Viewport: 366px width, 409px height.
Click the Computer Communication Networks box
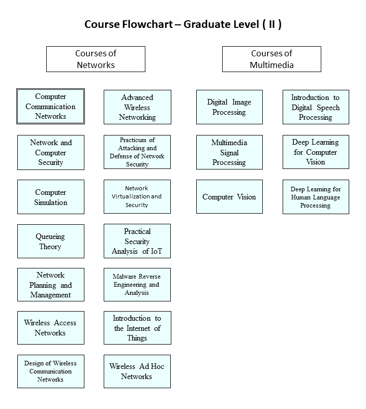[50, 107]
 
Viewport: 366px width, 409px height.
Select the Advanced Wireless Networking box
[137, 107]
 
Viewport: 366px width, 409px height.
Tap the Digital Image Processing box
[229, 107]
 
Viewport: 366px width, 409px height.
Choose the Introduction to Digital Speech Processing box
[316, 107]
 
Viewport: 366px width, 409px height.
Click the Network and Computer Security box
[51, 152]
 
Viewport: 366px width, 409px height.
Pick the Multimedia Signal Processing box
[229, 152]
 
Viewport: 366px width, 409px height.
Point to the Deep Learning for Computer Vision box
[316, 152]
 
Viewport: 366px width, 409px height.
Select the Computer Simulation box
[51, 197]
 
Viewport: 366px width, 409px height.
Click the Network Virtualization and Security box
[137, 197]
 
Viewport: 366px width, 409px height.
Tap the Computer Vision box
[229, 197]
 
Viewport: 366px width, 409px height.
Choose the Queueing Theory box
[51, 241]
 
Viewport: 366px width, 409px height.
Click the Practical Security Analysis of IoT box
[137, 241]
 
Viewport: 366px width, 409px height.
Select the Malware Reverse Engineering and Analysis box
[137, 285]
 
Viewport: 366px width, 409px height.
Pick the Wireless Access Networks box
[51, 328]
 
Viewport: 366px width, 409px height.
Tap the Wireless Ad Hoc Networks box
[137, 371]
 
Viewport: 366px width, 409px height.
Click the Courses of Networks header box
[96, 59]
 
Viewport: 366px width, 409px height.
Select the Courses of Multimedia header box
[271, 59]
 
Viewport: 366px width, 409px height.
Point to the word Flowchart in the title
[147, 24]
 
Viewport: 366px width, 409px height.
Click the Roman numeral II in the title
[272, 24]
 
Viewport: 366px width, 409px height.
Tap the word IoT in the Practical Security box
[157, 251]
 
